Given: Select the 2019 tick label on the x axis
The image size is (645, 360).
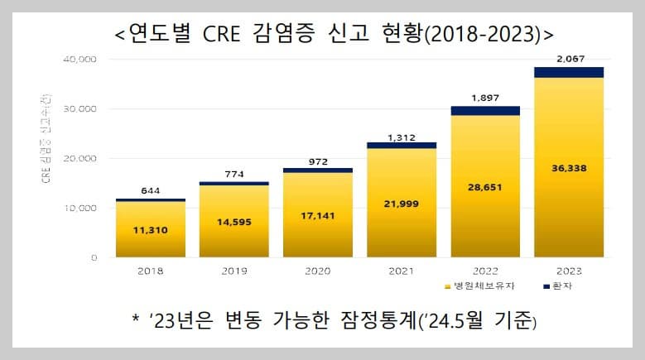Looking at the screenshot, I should click(x=234, y=271).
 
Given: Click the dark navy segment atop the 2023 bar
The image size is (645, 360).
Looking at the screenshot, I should click(x=568, y=72).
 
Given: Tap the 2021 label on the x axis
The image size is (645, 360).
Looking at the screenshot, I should click(x=402, y=271).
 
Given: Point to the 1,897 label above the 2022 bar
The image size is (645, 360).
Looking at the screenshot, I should click(x=485, y=98).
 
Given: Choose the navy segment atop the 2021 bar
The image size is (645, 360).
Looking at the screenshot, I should click(x=402, y=145).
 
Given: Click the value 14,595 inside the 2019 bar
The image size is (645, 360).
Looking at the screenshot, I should click(x=234, y=222).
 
